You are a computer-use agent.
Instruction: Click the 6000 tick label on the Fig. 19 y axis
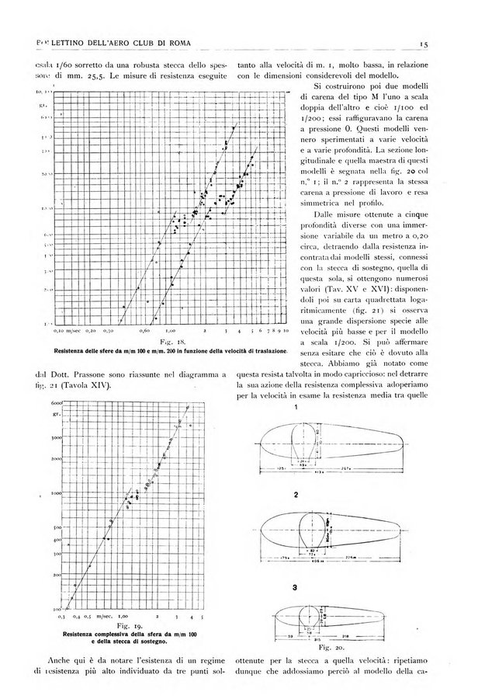coord(55,404)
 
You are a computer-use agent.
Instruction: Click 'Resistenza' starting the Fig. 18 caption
coord(71,352)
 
